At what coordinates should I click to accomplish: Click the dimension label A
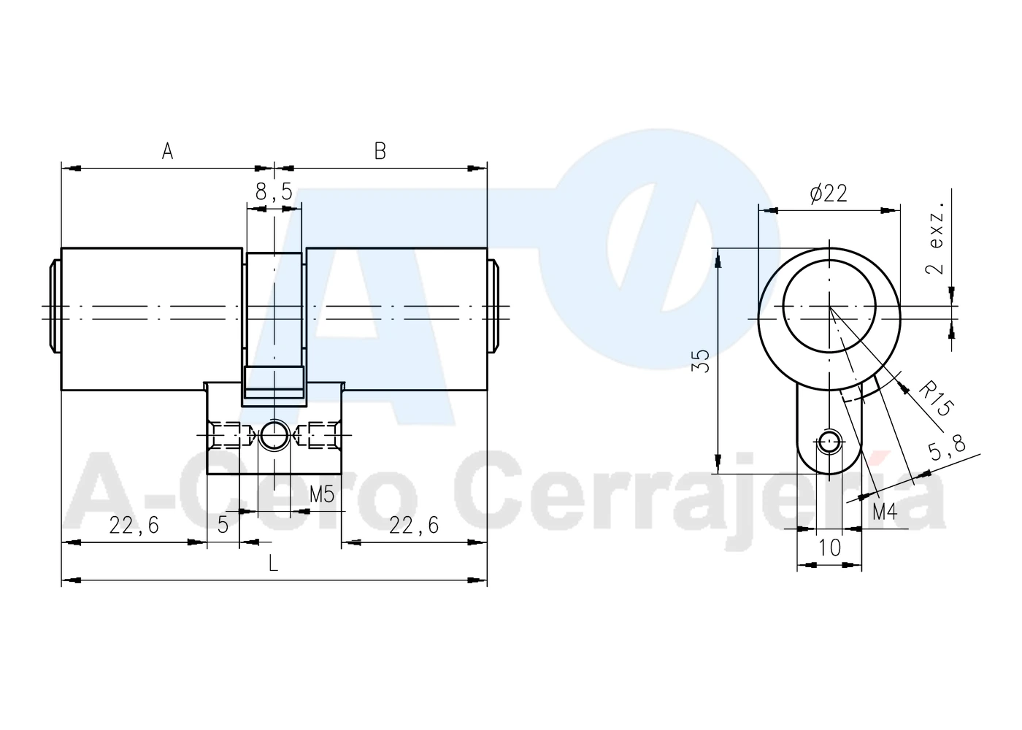(x=167, y=151)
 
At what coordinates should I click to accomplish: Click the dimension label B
(x=380, y=151)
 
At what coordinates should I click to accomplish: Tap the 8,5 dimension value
(x=274, y=191)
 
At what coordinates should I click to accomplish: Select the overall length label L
(x=273, y=563)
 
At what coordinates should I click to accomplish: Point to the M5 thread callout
(x=322, y=494)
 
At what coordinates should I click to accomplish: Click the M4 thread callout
(x=885, y=512)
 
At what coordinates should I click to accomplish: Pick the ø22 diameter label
(x=829, y=193)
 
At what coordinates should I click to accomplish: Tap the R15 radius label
(x=936, y=400)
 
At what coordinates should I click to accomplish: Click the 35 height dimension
(x=701, y=361)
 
